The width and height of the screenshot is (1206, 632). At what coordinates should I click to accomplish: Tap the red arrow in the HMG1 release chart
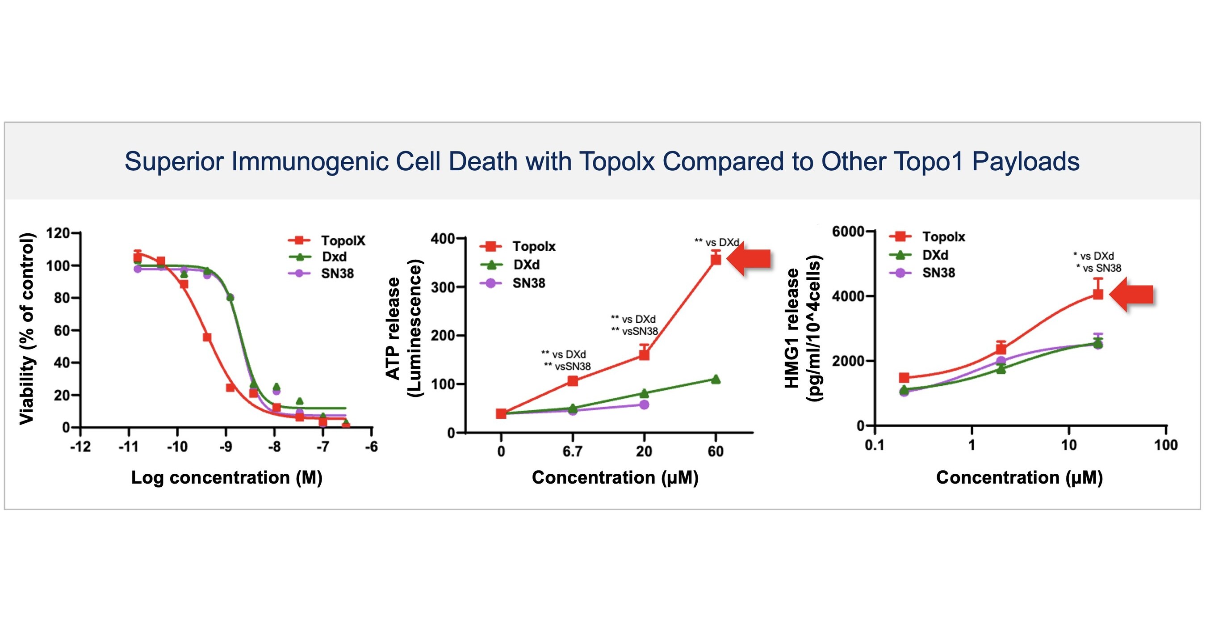1132,295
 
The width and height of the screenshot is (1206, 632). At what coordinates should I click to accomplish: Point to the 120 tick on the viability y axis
58,233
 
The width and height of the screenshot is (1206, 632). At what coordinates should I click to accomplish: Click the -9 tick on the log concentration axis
226,447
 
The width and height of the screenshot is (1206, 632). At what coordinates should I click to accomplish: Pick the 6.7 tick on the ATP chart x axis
572,451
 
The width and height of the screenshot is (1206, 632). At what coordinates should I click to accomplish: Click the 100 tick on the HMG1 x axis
1165,445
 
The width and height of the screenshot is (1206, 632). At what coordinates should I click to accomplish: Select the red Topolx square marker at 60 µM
716,260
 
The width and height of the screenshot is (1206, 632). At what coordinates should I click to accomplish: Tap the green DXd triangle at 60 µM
716,379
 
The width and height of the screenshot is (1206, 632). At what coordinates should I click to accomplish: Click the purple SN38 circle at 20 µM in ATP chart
644,404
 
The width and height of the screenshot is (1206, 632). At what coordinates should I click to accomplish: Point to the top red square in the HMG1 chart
1098,294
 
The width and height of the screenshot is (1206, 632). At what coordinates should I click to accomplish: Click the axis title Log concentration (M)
226,477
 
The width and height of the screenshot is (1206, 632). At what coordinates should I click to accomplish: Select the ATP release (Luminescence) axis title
403,328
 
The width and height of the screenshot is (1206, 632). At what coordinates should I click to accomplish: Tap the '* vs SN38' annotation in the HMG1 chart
1098,268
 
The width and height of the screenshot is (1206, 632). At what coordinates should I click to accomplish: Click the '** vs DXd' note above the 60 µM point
716,243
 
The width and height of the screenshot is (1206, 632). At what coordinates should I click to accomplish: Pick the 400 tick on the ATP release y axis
442,239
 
